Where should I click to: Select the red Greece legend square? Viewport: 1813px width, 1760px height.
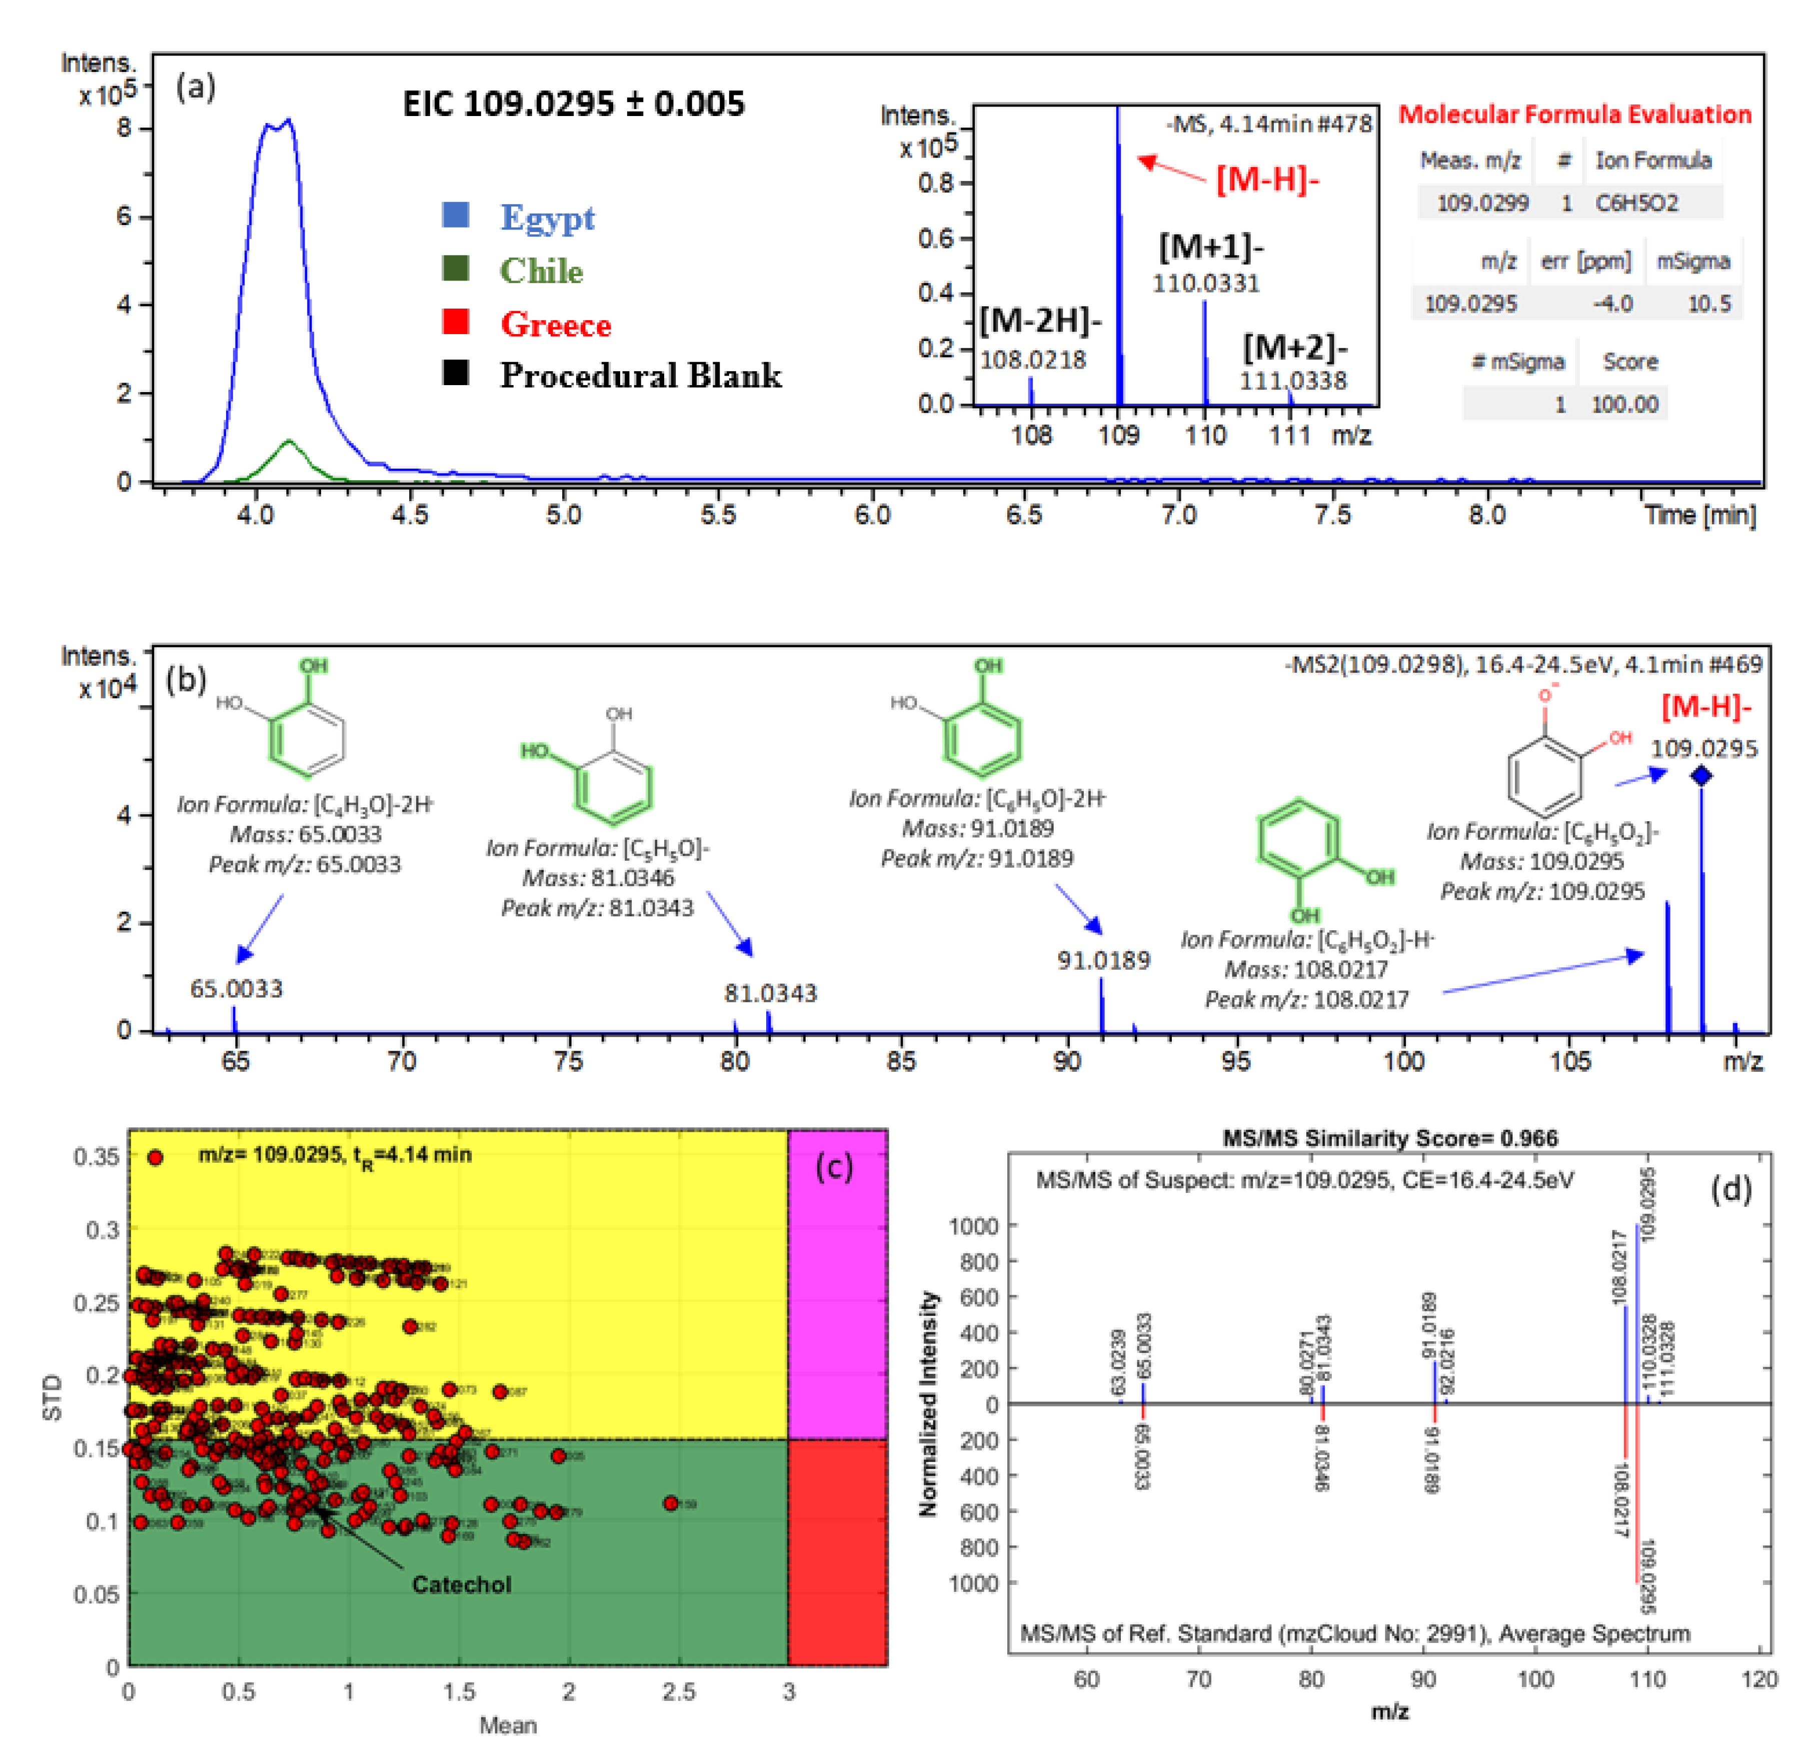(455, 322)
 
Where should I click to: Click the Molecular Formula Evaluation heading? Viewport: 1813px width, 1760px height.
(1574, 115)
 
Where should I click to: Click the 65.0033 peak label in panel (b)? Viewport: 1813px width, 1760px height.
(237, 989)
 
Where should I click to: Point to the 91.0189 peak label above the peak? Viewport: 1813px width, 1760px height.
(1103, 960)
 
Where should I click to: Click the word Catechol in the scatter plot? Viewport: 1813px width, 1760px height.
(462, 1584)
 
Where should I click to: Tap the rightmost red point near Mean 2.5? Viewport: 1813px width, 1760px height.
(671, 1503)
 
